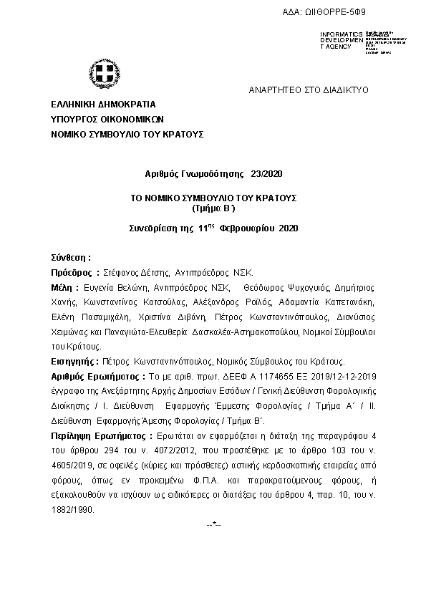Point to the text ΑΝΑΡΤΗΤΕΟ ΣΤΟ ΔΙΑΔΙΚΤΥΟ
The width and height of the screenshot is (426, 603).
308,91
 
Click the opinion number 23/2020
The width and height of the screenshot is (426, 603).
267,174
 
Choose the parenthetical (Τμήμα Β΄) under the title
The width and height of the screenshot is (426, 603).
213,208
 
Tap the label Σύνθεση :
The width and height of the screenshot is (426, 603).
71,257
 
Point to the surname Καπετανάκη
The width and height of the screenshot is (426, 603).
349,301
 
